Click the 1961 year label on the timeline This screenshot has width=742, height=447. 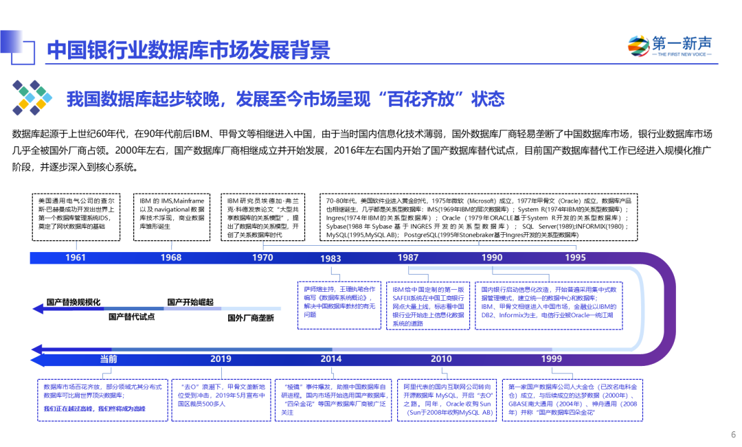pyautogui.click(x=76, y=257)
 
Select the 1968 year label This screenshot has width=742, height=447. pyautogui.click(x=171, y=257)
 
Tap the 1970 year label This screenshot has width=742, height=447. pyautogui.click(x=262, y=257)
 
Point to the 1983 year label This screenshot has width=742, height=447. pyautogui.click(x=330, y=259)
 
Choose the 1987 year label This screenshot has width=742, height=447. pyautogui.click(x=408, y=257)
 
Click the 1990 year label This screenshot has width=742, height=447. pyautogui.click(x=492, y=257)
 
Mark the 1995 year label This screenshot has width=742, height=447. pyautogui.click(x=576, y=257)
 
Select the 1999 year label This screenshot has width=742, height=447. pyautogui.click(x=552, y=359)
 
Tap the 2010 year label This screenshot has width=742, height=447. pyautogui.click(x=441, y=359)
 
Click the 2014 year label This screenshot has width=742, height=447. pyautogui.click(x=330, y=359)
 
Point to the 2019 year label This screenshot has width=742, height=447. pyautogui.click(x=221, y=359)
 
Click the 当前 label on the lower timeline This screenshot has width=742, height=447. pyautogui.click(x=109, y=359)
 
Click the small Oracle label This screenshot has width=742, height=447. pyautogui.click(x=570, y=201)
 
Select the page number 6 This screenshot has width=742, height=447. pyautogui.click(x=733, y=434)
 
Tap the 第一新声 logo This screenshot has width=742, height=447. pyautogui.click(x=670, y=46)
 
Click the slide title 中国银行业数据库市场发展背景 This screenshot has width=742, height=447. pyautogui.click(x=189, y=50)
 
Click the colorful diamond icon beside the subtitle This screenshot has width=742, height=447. pyautogui.click(x=32, y=98)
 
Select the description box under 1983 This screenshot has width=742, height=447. pyautogui.click(x=339, y=305)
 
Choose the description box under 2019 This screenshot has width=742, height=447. pyautogui.click(x=221, y=400)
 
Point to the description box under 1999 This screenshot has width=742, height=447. pyautogui.click(x=572, y=400)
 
